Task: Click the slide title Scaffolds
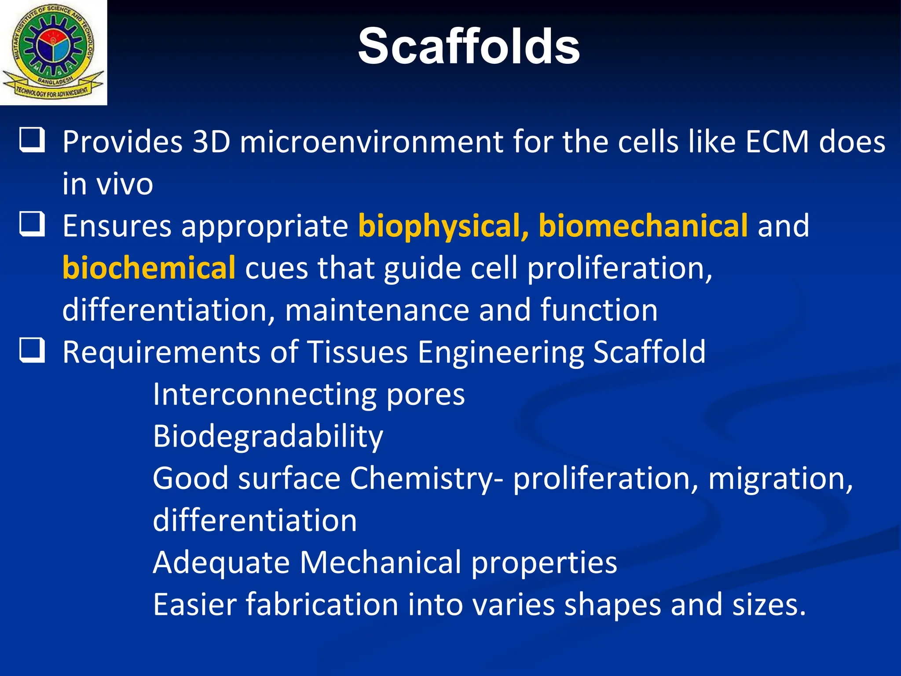(469, 47)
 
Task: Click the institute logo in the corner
(53, 52)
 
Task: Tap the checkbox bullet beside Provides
(32, 140)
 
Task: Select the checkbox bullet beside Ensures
(32, 224)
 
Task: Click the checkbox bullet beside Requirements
(32, 350)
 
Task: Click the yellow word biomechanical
(643, 225)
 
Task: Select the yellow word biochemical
(149, 268)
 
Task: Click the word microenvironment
(371, 142)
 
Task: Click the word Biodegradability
(268, 437)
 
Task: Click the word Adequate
(221, 563)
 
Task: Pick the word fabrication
(322, 604)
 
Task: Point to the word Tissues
(357, 352)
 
